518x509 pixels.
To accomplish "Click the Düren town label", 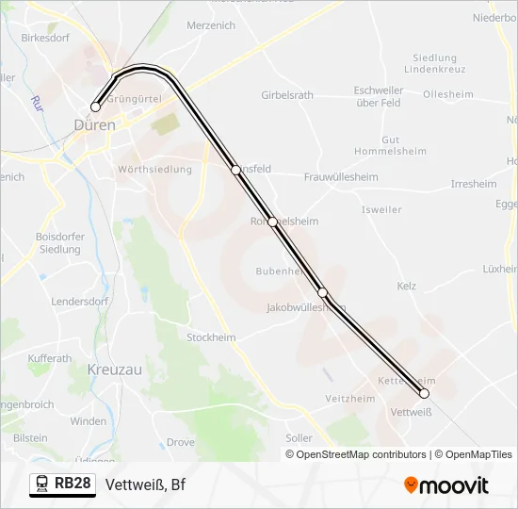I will (94, 124).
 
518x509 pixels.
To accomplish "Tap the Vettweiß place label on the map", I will (411, 412).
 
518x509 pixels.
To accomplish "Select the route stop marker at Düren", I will (95, 107).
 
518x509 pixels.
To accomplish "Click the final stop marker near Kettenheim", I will (424, 393).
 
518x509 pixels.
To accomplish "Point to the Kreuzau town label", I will (114, 369).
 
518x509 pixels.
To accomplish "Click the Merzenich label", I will (211, 25).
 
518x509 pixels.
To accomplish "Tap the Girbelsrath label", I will (287, 95).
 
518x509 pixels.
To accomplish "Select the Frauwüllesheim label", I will (341, 177).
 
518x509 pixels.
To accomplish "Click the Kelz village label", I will (407, 286).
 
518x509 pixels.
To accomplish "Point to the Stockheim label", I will (211, 337).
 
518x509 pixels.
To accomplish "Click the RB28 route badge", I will (73, 484).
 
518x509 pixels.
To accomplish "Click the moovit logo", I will (446, 485).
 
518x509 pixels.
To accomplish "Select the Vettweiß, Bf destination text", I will (146, 485).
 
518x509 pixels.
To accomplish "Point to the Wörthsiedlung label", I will (154, 170).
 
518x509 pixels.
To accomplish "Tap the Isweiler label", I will (380, 209).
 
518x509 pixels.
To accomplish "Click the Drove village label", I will (181, 441).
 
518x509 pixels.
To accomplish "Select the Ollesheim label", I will (448, 94).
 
